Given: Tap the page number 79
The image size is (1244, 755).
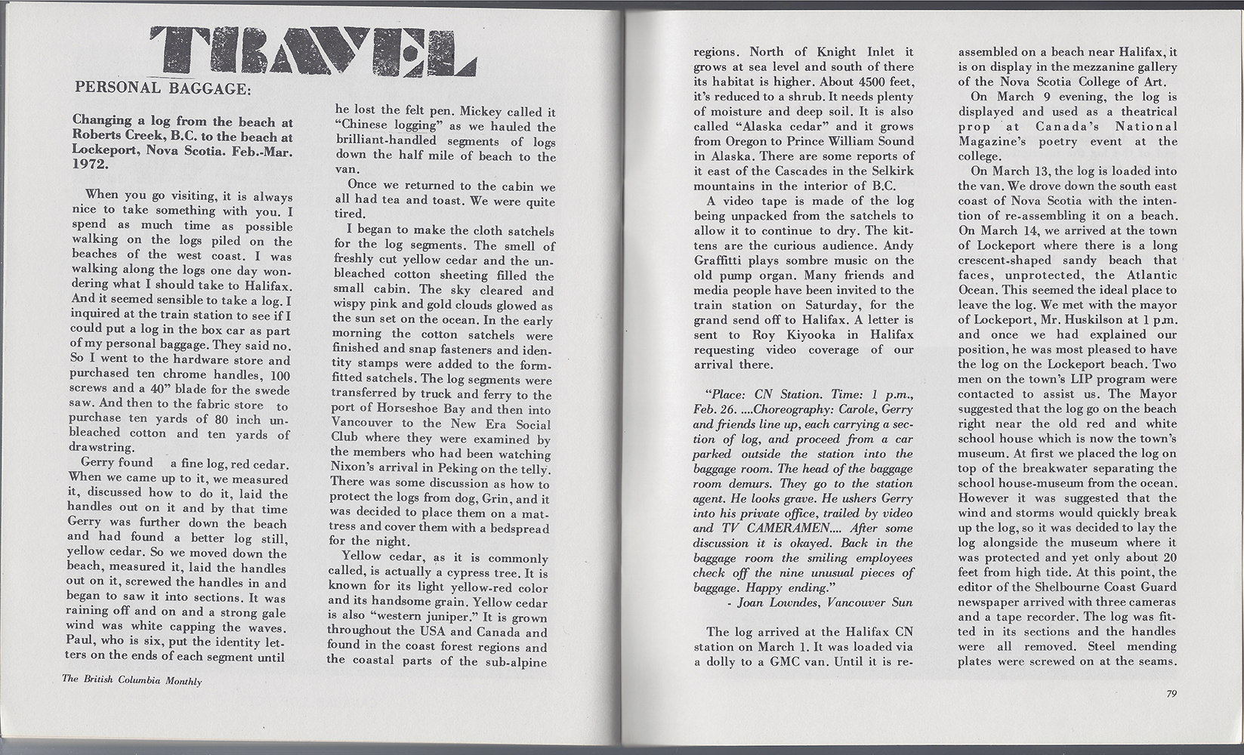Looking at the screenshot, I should [x=1171, y=695].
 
